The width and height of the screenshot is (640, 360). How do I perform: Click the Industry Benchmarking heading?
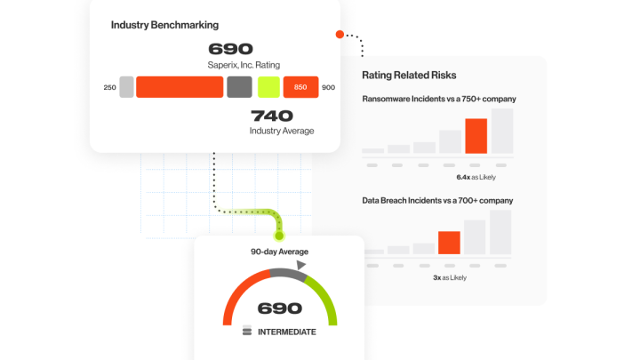point(164,25)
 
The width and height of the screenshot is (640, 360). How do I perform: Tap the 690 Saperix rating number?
point(230,50)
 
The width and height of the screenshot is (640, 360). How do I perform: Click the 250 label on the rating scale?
point(109,87)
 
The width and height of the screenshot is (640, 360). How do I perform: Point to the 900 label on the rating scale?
point(328,87)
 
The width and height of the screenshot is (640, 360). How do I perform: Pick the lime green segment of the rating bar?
point(268,87)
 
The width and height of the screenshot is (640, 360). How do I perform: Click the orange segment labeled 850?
point(300,87)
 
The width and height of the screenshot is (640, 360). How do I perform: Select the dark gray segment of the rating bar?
point(239,87)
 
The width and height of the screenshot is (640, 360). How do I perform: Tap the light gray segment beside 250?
point(126,87)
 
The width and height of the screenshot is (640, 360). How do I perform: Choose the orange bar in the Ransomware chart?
point(476,136)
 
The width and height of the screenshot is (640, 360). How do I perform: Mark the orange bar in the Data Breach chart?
point(449,243)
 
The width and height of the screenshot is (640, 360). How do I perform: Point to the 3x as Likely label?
point(450,277)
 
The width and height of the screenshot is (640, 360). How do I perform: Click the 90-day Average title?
point(279,252)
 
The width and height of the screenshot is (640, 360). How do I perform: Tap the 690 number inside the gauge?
point(279,309)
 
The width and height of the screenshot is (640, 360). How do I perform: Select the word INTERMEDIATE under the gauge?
point(286,332)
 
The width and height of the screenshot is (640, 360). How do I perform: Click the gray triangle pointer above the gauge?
point(301,265)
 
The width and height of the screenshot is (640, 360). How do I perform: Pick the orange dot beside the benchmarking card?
point(340,35)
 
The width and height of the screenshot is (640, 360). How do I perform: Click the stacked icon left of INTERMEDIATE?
point(247,332)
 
